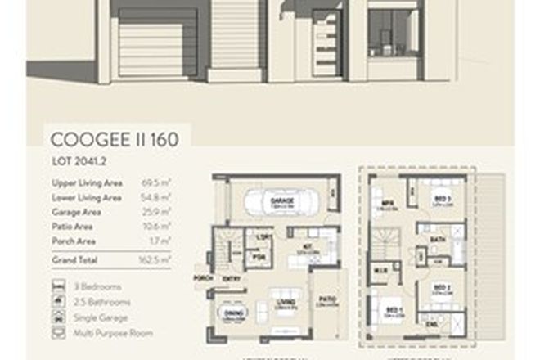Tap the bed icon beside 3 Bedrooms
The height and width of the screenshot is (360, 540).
pos(58,287)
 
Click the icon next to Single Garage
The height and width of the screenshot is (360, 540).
pos(58,318)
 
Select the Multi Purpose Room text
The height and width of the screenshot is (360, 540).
pos(112,334)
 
